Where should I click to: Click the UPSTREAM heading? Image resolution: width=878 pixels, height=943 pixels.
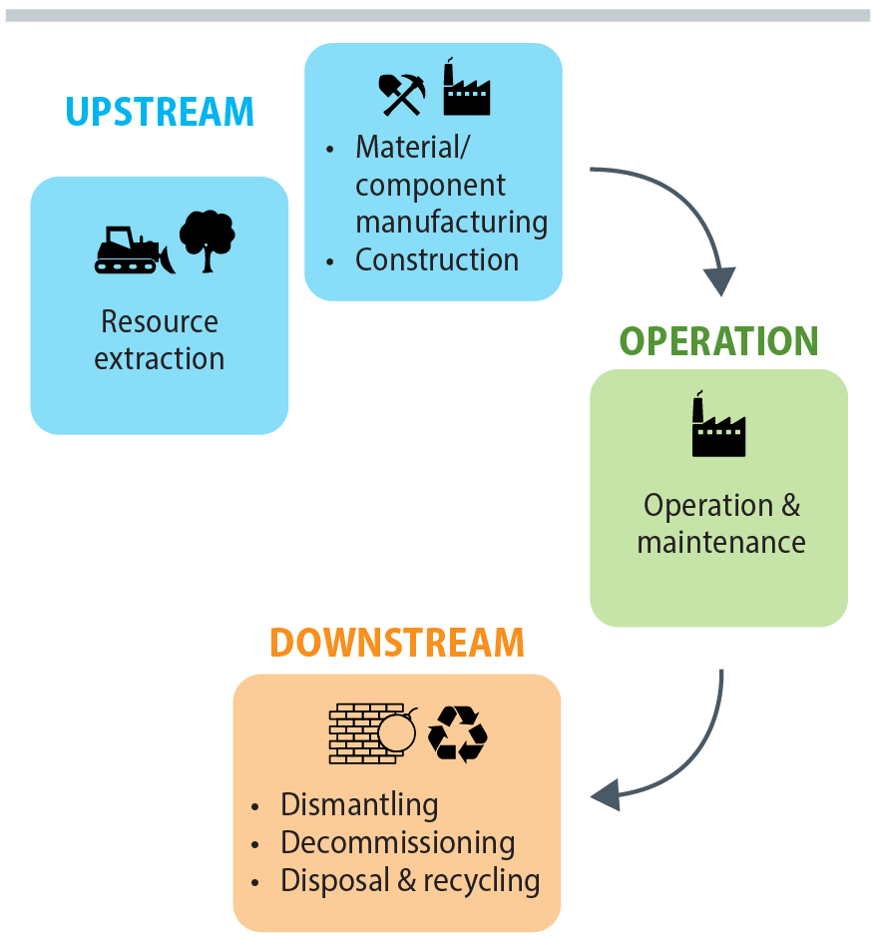[160, 111]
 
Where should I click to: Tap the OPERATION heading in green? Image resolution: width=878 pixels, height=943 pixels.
[718, 341]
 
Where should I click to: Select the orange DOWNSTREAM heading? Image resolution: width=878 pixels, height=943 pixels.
[397, 643]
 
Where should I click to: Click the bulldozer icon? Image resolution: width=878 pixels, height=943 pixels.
[134, 249]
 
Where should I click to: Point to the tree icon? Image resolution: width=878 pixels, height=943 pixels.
[207, 240]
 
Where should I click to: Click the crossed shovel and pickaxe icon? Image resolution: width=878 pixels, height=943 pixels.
[401, 94]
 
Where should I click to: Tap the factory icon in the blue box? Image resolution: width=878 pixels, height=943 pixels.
[466, 89]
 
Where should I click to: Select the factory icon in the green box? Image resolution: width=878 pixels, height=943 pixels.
[718, 427]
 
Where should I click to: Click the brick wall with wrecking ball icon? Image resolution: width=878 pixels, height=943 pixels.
[371, 733]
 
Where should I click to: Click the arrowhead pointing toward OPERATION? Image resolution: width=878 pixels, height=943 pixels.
[721, 280]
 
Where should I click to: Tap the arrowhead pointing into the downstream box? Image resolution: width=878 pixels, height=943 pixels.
[606, 795]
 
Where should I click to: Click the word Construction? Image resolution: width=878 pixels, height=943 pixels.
[437, 260]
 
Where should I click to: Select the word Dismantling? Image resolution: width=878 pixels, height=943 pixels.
[359, 804]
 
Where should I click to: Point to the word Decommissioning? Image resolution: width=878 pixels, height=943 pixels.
[397, 842]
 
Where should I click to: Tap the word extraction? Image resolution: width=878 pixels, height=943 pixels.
[160, 358]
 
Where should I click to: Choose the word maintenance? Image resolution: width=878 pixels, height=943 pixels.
[720, 542]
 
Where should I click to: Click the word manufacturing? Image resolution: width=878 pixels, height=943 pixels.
[451, 222]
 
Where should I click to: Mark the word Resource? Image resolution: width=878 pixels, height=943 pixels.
[160, 321]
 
